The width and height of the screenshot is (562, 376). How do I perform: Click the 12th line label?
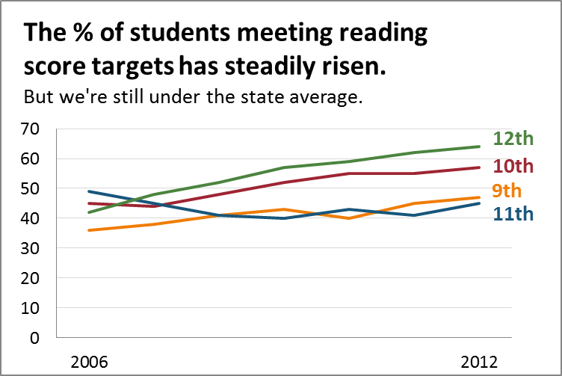pyautogui.click(x=513, y=139)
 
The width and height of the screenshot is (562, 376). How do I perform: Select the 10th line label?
pyautogui.click(x=513, y=165)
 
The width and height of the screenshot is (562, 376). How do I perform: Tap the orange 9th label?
pyautogui.click(x=507, y=190)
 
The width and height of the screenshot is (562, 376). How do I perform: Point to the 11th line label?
pyautogui.click(x=513, y=215)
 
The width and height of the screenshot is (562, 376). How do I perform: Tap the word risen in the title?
pyautogui.click(x=356, y=67)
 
